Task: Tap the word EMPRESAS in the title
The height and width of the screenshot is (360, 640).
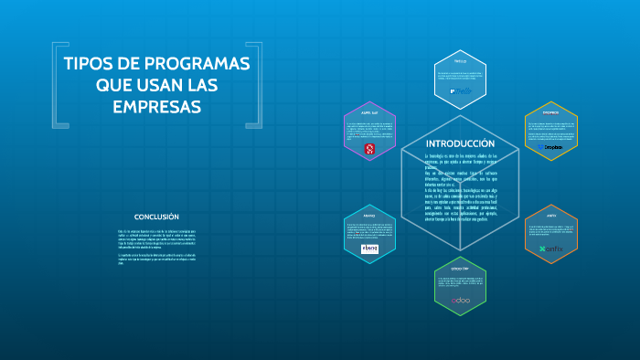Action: point(156,107)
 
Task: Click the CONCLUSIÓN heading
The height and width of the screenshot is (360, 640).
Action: point(156,217)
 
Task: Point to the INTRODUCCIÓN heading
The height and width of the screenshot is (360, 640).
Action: point(460,143)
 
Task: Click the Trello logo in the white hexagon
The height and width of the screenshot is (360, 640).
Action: point(460,91)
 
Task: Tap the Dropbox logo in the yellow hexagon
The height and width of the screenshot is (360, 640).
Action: point(550,146)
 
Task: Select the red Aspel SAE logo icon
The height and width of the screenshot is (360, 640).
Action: point(369,148)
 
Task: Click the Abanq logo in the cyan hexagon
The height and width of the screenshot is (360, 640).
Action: point(369,249)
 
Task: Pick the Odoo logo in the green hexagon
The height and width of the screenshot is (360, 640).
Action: point(460,299)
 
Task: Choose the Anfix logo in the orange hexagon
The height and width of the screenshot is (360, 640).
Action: point(550,249)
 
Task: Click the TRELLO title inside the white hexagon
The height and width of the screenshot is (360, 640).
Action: point(460,61)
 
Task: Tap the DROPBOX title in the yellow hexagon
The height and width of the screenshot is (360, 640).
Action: point(550,113)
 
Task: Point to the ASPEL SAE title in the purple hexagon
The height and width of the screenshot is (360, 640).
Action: point(369,113)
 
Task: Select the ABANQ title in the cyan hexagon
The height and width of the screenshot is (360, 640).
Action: point(369,217)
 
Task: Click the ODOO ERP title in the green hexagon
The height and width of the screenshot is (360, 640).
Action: point(460,269)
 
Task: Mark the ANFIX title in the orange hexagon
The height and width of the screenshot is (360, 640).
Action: point(550,217)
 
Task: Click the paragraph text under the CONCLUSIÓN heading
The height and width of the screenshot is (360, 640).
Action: point(156,251)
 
